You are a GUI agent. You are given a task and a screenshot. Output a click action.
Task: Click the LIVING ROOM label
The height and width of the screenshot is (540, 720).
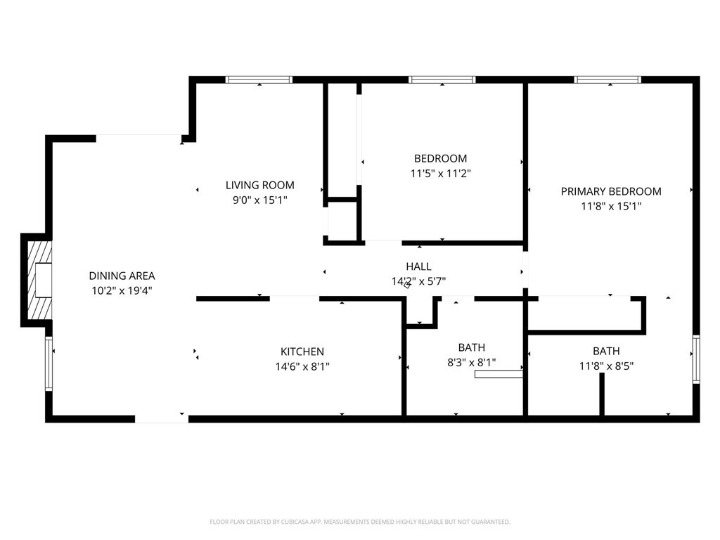260,185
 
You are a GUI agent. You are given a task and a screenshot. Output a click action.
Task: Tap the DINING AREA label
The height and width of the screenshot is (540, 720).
122,276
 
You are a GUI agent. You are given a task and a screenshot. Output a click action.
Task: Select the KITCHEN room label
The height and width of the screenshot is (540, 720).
302,352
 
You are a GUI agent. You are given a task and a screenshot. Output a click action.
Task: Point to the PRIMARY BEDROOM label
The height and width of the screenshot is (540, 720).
611,191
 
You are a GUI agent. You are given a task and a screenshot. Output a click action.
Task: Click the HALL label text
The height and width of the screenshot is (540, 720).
418,266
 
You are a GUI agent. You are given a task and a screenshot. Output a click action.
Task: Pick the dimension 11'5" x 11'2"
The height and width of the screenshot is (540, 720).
441,173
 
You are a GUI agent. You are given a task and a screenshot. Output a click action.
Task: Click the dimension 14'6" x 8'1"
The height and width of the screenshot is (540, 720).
302,366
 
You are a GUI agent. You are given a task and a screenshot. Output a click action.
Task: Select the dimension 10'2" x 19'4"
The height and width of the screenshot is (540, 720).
122,290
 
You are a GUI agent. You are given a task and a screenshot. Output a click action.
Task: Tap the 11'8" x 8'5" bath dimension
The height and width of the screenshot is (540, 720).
606,366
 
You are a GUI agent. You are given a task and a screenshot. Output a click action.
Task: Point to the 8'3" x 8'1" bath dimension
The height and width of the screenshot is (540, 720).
472,362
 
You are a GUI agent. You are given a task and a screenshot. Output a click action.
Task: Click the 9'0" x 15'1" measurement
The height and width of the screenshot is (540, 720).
260,200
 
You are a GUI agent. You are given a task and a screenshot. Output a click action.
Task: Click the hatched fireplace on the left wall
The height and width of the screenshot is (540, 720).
39,280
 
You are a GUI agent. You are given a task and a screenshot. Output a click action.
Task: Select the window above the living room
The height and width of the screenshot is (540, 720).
259,79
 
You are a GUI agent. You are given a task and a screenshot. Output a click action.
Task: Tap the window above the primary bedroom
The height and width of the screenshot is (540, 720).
607,79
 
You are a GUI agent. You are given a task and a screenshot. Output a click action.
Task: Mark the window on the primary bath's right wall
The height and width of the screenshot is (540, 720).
696,359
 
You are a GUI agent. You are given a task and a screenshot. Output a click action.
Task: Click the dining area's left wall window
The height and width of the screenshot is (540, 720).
49,364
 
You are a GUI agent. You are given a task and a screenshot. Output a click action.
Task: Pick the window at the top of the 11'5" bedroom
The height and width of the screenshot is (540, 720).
442,79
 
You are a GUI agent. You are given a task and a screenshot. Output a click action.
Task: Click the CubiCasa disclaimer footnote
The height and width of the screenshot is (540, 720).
360,522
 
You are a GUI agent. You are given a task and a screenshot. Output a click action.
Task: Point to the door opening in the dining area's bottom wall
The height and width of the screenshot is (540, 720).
162,419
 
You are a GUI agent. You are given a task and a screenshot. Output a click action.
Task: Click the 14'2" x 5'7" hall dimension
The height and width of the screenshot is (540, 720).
418,281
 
